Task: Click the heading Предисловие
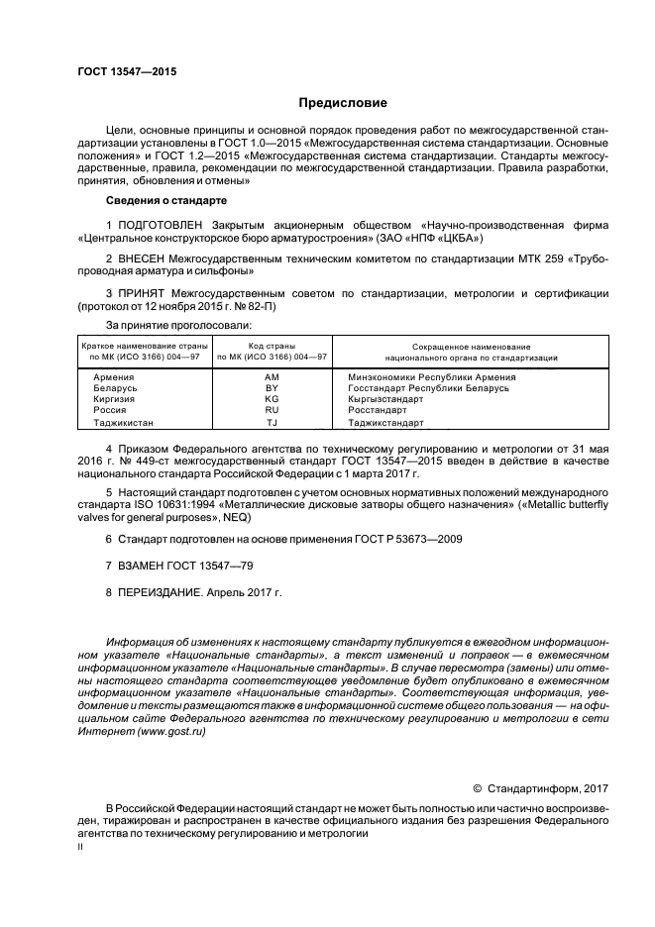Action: pos(343,103)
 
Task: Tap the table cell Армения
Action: pos(114,377)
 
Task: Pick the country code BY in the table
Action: pos(272,388)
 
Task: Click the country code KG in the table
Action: pos(272,399)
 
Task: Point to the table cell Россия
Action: pos(110,410)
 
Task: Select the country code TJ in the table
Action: pos(272,422)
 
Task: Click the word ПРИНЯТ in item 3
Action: pos(145,293)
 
